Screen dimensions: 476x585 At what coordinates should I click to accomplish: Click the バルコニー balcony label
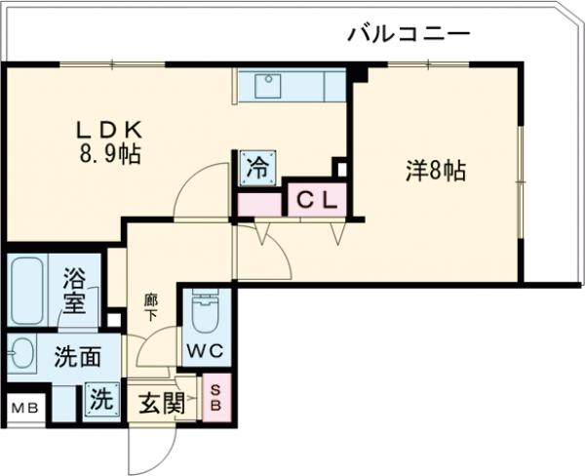pyautogui.click(x=409, y=35)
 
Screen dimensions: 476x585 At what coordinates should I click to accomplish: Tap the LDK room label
pyautogui.click(x=110, y=128)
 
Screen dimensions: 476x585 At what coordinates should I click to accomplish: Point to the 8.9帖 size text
pyautogui.click(x=109, y=153)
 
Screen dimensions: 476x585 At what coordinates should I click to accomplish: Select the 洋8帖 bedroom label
pyautogui.click(x=436, y=172)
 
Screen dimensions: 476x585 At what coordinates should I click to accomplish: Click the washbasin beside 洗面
pyautogui.click(x=20, y=353)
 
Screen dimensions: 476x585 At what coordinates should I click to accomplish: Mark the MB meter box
pyautogui.click(x=24, y=408)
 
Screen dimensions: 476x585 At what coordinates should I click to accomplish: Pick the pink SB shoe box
pyautogui.click(x=216, y=399)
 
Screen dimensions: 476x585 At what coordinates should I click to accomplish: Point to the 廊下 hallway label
pyautogui.click(x=152, y=308)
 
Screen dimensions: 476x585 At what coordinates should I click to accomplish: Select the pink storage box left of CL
pyautogui.click(x=259, y=205)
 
